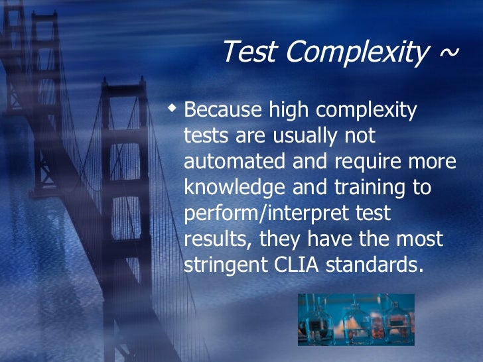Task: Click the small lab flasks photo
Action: [356, 320]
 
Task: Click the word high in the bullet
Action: [287, 110]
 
